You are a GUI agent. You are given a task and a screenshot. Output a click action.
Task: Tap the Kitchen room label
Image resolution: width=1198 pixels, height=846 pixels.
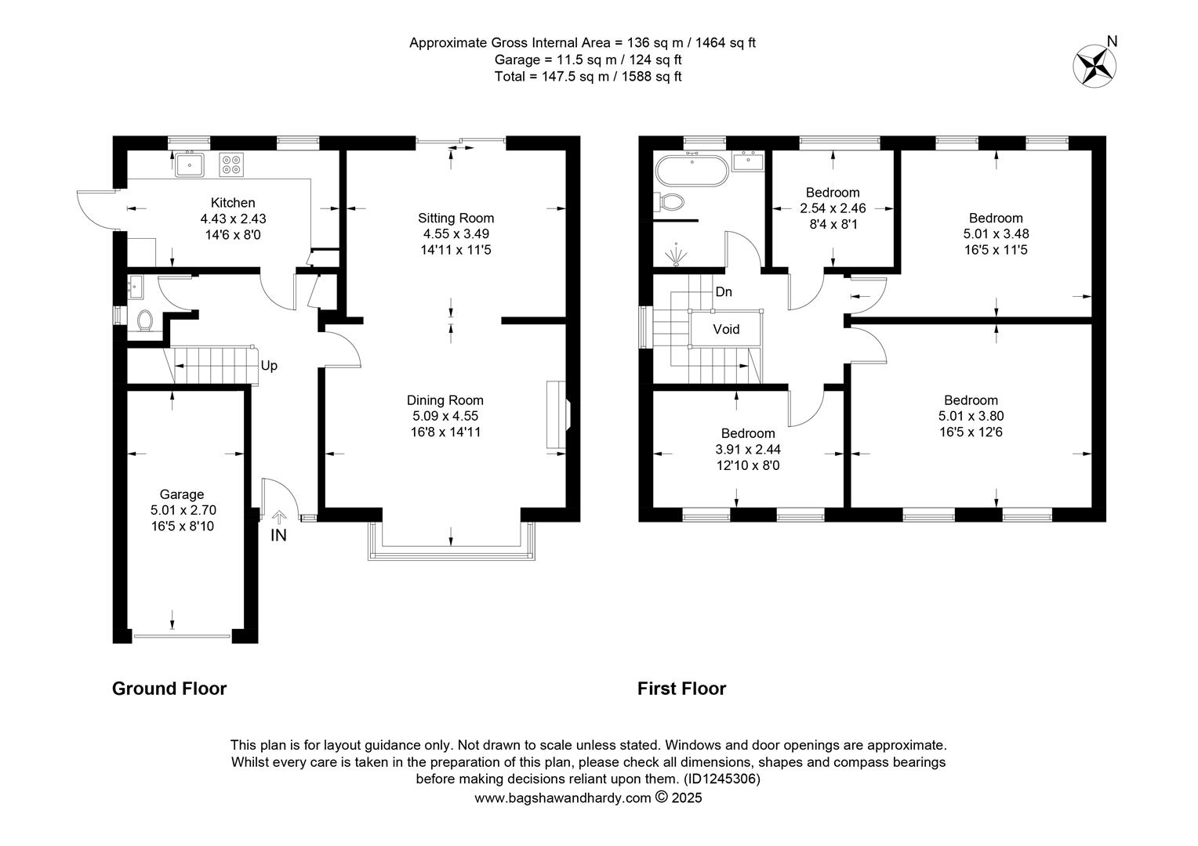click(x=233, y=203)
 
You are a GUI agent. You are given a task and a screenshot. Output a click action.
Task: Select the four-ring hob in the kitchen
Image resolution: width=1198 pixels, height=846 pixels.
click(x=231, y=164)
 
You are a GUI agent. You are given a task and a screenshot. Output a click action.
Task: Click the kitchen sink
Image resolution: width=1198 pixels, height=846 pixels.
click(x=189, y=164)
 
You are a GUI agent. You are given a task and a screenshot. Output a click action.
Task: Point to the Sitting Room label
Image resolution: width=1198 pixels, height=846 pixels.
click(x=456, y=218)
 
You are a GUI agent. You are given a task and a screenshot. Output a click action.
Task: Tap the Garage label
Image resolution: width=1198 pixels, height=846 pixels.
click(x=182, y=494)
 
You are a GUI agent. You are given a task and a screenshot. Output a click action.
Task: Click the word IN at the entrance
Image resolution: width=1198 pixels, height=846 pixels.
click(x=278, y=535)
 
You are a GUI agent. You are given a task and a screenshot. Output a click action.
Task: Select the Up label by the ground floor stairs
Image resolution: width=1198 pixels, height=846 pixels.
click(x=269, y=366)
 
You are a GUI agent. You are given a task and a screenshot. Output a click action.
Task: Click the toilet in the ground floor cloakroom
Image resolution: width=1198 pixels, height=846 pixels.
click(x=145, y=321)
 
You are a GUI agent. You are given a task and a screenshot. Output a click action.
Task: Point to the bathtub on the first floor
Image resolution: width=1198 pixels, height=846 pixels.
click(x=692, y=170)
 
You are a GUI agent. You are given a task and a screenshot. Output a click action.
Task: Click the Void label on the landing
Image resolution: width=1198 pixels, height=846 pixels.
click(x=726, y=329)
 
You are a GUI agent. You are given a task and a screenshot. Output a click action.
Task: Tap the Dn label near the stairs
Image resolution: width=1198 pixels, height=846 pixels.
click(x=724, y=292)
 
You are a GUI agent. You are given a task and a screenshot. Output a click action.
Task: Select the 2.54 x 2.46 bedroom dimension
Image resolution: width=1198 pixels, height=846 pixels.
click(x=833, y=208)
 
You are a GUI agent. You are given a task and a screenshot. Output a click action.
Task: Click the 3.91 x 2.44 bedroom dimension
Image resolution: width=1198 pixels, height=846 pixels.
click(x=748, y=450)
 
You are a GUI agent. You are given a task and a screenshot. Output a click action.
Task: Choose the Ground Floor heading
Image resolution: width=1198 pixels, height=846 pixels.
click(x=169, y=689)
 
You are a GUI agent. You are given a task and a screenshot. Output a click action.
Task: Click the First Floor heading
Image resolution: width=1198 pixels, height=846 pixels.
click(x=681, y=689)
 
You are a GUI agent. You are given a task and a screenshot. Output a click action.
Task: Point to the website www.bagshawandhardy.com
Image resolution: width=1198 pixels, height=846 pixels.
click(x=563, y=798)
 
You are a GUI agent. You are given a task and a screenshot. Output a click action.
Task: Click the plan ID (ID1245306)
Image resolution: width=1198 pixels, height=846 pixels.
click(x=721, y=779)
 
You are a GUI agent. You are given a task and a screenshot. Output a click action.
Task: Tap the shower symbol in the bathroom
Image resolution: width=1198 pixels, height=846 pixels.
click(x=677, y=255)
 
